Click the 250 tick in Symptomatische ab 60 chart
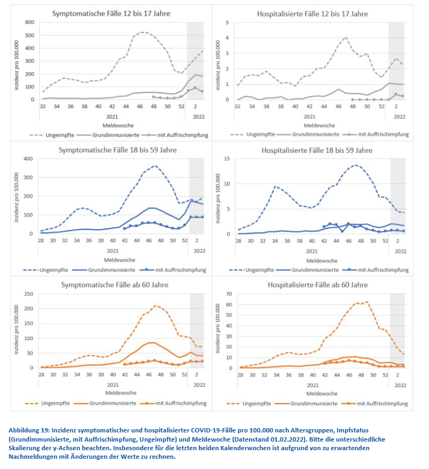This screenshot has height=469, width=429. pos(28,294)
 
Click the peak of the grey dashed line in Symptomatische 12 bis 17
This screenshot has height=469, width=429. pos(143,32)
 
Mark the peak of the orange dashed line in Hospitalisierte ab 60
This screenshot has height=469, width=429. pos(367,302)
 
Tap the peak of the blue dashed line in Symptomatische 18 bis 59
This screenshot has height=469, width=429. pos(155,166)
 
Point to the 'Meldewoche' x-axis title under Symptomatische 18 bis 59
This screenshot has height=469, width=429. pos(112,260)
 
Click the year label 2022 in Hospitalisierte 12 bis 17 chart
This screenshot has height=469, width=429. pos(398,116)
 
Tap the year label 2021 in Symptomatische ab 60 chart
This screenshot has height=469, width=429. pos(112,385)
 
